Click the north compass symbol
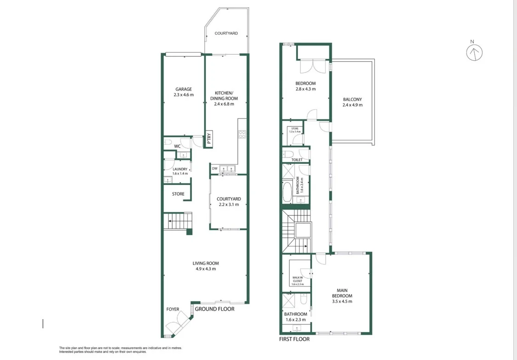point(474,53)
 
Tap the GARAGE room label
point(184,90)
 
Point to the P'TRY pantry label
point(209,138)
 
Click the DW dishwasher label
point(214,169)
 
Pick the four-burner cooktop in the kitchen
point(242,135)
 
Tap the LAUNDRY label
point(180,169)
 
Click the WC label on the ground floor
point(177,146)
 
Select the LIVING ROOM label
point(206,263)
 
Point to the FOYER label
point(173,309)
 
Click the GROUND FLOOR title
point(214,309)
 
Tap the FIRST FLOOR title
point(294,339)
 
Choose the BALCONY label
point(352,99)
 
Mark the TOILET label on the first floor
point(297,160)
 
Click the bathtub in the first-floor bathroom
point(287,192)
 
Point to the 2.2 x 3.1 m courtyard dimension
point(229,204)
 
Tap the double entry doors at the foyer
point(176,327)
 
